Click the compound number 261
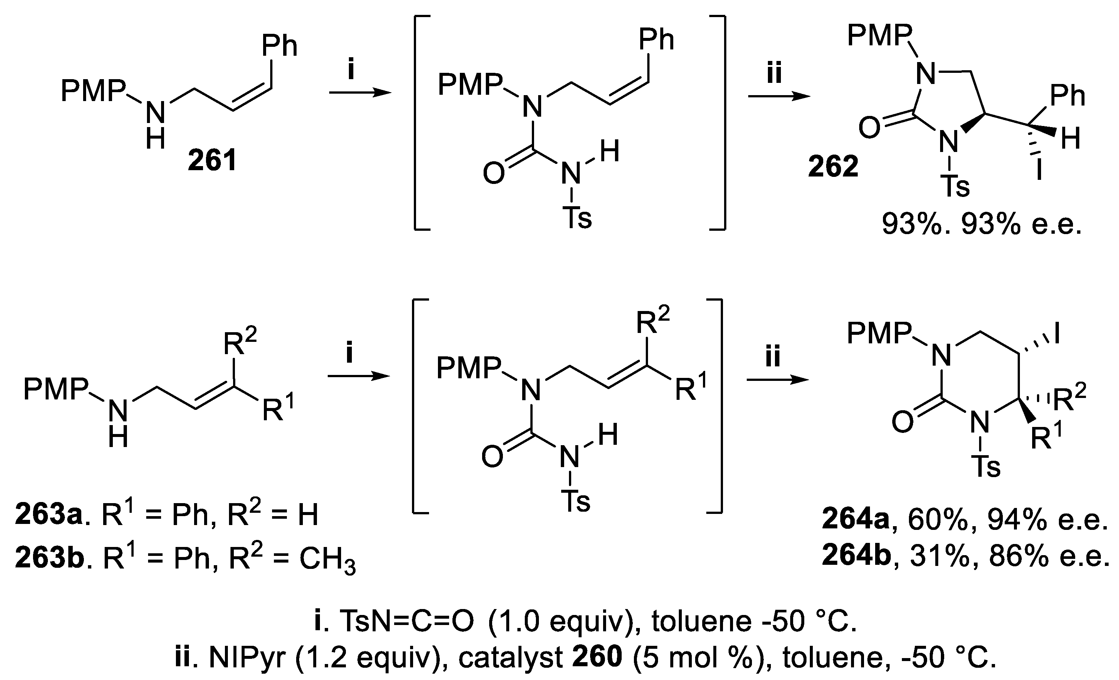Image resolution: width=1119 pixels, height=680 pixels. click(213, 161)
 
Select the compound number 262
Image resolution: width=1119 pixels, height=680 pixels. click(833, 167)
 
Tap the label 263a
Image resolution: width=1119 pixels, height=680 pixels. click(48, 515)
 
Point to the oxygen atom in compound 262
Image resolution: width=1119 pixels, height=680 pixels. click(869, 129)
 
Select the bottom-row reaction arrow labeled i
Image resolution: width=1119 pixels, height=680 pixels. click(359, 376)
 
